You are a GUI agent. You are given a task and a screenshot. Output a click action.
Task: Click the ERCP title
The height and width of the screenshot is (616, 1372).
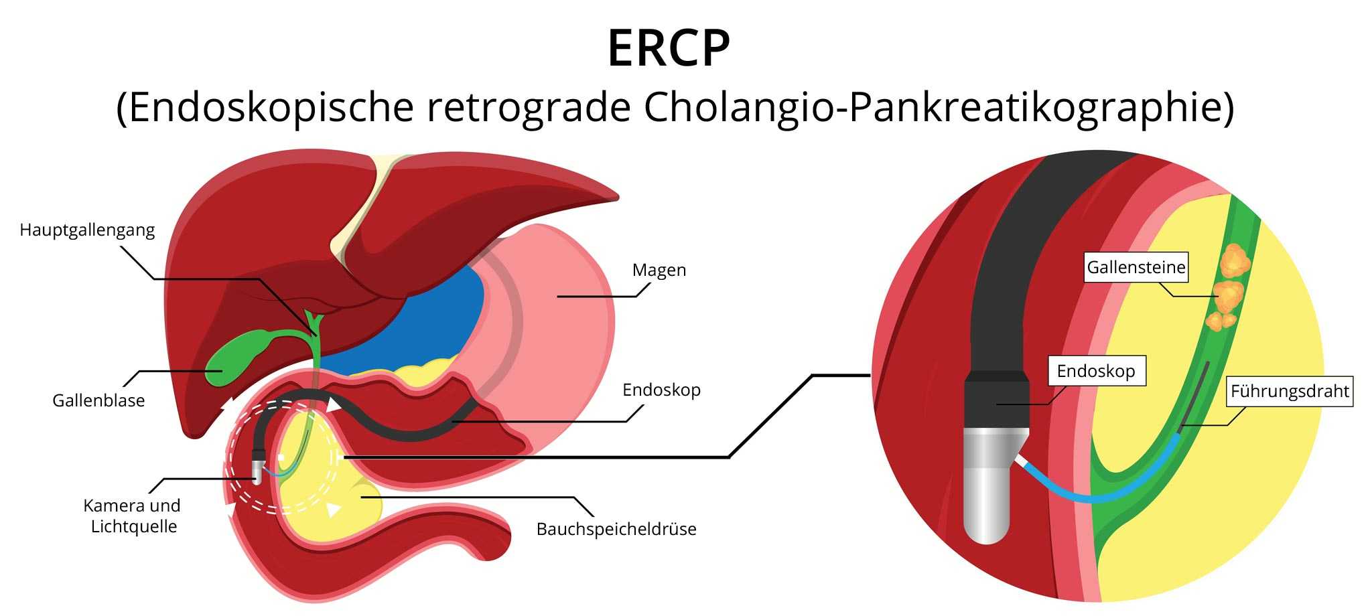pyautogui.click(x=668, y=48)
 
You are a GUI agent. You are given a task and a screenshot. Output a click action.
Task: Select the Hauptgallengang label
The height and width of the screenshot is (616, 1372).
pyautogui.click(x=87, y=230)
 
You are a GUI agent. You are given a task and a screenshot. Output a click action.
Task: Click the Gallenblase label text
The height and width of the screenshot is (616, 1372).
pyautogui.click(x=98, y=400)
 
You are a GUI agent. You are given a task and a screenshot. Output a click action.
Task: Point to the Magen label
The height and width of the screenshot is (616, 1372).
pyautogui.click(x=659, y=271)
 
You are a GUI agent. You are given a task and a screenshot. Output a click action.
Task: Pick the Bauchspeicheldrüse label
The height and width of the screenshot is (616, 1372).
pyautogui.click(x=616, y=529)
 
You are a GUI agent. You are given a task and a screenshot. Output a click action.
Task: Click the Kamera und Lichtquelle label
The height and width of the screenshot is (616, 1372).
pyautogui.click(x=133, y=516)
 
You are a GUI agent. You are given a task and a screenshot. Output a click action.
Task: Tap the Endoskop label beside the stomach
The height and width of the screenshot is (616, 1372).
pyautogui.click(x=661, y=390)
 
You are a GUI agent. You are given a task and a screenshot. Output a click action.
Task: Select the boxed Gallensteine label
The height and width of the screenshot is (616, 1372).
pyautogui.click(x=1136, y=267)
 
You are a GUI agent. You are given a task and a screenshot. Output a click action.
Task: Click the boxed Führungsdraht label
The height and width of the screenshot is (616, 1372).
pyautogui.click(x=1290, y=391)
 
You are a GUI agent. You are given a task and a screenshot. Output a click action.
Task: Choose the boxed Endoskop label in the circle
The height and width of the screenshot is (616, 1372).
pyautogui.click(x=1095, y=371)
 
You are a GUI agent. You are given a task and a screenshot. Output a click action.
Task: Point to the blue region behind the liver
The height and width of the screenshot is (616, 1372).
pyautogui.click(x=429, y=321)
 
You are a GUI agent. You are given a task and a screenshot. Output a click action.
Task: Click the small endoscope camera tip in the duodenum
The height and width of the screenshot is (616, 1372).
pyautogui.click(x=257, y=470)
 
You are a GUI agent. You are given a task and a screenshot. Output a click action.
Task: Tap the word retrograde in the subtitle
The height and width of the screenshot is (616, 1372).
pyautogui.click(x=529, y=107)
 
